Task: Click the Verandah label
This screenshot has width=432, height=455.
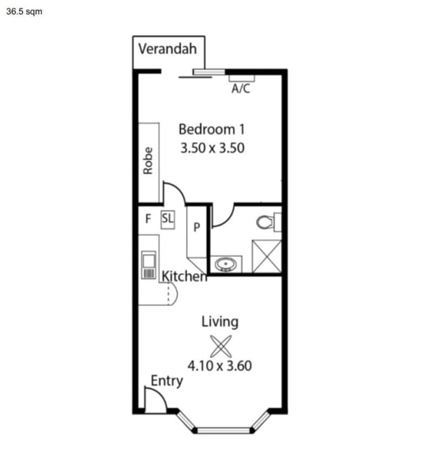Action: (168, 49)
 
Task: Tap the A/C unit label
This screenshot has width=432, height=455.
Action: (240, 88)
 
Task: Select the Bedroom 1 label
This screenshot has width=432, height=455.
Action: (212, 129)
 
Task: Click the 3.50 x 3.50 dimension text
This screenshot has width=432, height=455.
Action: (213, 148)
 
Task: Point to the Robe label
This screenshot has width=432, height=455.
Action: (148, 160)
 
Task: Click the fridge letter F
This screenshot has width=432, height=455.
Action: (148, 218)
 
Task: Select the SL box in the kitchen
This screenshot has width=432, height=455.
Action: (168, 220)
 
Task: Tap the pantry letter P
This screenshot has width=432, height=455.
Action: (196, 227)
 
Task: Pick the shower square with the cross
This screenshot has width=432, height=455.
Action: (267, 256)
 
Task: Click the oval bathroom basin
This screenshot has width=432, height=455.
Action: (226, 265)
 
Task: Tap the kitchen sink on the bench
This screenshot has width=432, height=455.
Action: (149, 265)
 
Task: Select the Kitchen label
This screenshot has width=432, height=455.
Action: (185, 276)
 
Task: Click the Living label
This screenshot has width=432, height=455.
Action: (220, 322)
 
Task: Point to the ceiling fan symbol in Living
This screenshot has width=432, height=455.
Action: (221, 346)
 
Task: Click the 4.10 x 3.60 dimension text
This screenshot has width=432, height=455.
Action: (219, 365)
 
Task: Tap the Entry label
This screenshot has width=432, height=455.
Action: (167, 381)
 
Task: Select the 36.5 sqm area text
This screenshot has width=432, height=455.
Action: (24, 12)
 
